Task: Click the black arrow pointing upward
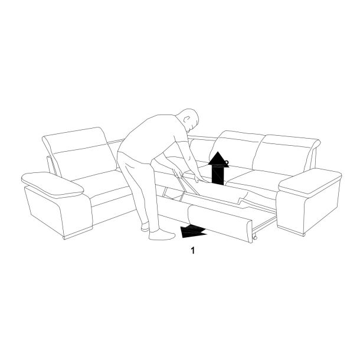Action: (218, 169)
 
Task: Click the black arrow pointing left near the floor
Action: (193, 231)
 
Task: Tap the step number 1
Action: (193, 250)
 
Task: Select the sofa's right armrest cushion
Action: (310, 180)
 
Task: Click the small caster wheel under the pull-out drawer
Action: (254, 238)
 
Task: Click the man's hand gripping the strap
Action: (178, 172)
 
